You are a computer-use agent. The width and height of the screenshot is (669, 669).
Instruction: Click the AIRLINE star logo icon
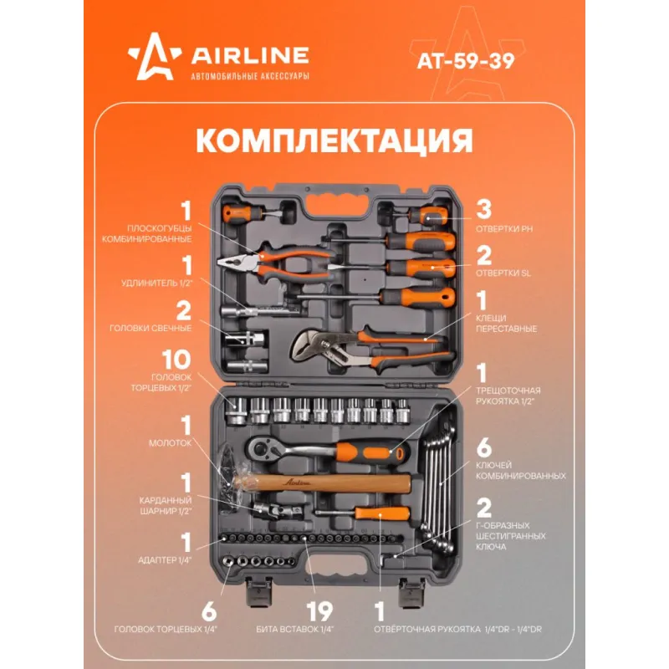pyautogui.click(x=154, y=57)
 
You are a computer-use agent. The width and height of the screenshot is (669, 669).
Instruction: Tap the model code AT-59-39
pyautogui.click(x=466, y=60)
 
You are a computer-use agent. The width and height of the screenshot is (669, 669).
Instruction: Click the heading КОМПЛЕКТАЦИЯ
pyautogui.click(x=334, y=140)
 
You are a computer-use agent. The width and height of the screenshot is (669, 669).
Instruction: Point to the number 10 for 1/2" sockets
pyautogui.click(x=176, y=360)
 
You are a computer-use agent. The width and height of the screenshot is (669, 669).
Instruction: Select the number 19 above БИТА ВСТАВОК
pyautogui.click(x=319, y=611)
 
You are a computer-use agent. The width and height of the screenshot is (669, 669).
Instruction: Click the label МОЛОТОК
pyautogui.click(x=170, y=443)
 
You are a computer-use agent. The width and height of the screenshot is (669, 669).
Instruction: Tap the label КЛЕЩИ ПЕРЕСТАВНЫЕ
pyautogui.click(x=506, y=324)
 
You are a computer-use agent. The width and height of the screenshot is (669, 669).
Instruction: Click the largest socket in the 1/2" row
pyautogui.click(x=237, y=411)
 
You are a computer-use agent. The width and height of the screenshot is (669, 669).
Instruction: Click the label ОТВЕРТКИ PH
pyautogui.click(x=504, y=229)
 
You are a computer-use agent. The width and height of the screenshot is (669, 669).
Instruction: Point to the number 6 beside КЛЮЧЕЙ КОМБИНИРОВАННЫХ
pyautogui.click(x=484, y=447)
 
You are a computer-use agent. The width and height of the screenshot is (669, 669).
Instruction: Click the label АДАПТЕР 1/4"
pyautogui.click(x=165, y=560)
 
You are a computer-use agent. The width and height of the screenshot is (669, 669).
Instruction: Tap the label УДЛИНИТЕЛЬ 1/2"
pyautogui.click(x=157, y=283)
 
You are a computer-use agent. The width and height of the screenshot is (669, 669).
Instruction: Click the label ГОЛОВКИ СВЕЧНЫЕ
pyautogui.click(x=151, y=328)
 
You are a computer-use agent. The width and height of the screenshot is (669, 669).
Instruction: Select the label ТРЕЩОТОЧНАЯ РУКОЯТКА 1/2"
pyautogui.click(x=508, y=396)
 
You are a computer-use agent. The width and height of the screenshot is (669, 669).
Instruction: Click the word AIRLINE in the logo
pyautogui.click(x=249, y=55)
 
